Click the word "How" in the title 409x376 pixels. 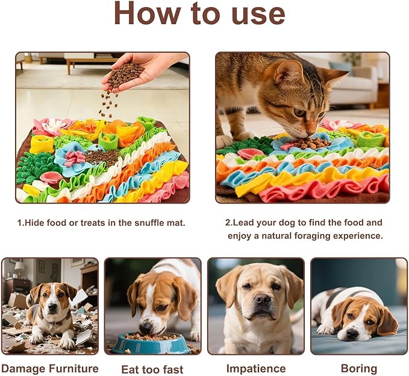[151, 14]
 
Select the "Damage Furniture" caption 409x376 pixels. [50, 368]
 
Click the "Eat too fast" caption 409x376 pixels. [152, 369]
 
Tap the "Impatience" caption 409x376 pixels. [255, 368]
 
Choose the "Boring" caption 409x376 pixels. [359, 368]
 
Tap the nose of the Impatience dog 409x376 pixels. [261, 299]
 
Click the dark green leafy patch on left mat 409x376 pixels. [34, 166]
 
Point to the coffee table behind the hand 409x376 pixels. [90, 60]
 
